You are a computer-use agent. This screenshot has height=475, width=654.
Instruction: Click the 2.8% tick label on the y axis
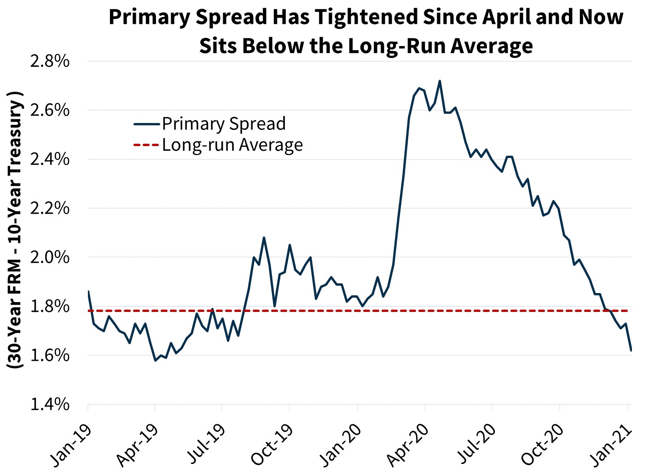(49, 61)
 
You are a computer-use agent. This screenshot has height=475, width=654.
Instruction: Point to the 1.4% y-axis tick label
(49, 405)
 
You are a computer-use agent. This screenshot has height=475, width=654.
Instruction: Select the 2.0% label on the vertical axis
(49, 258)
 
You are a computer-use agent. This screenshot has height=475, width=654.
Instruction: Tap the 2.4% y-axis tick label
(49, 159)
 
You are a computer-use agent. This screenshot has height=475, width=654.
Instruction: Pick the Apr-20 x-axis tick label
(407, 444)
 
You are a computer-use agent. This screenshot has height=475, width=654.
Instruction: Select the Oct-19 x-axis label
(272, 444)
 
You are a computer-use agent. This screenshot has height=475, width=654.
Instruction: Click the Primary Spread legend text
(224, 124)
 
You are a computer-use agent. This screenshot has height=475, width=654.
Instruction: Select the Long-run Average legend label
(232, 145)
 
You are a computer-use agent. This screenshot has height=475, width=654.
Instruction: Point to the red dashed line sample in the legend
(146, 145)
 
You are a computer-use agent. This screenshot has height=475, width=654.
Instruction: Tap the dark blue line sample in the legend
(146, 124)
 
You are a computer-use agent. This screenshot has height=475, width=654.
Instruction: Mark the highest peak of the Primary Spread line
(440, 81)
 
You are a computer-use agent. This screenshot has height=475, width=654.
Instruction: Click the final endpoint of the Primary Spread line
(631, 351)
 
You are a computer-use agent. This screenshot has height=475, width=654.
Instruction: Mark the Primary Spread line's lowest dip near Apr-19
(155, 360)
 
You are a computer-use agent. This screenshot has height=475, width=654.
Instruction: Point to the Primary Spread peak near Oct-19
(264, 238)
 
